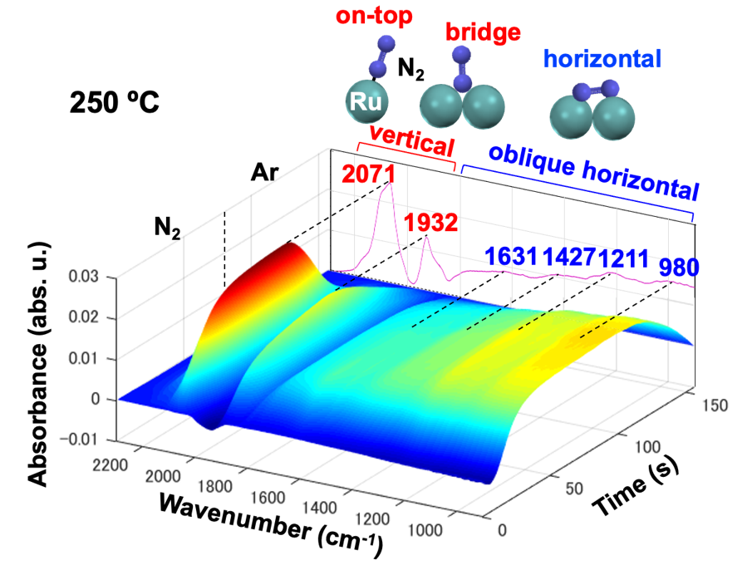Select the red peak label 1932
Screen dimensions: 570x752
point(431,224)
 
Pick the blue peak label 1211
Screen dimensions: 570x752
point(623,258)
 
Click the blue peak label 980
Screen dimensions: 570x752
point(679,268)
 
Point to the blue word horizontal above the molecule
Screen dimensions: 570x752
point(603,59)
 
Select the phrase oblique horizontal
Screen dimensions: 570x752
point(592,171)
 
